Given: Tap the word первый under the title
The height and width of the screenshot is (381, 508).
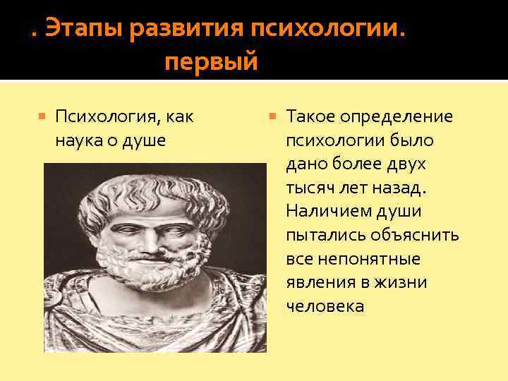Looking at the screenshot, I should (x=212, y=64).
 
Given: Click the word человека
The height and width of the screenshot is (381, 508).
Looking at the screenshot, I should (x=325, y=306).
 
